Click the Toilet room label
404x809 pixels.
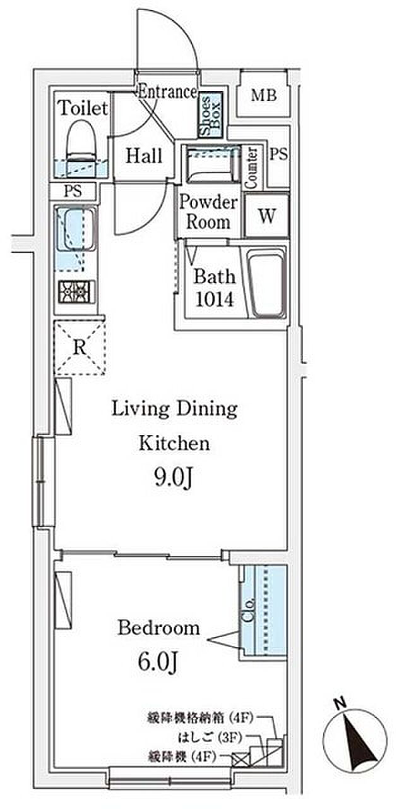83,108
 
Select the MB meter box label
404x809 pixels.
264,95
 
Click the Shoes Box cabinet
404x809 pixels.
211,115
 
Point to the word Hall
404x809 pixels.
143,156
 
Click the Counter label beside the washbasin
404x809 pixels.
251,167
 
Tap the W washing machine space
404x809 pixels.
266,216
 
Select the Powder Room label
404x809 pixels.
208,212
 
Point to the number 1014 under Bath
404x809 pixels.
214,300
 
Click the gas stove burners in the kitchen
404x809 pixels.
76,292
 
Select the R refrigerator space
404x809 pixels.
80,348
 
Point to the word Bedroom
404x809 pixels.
158,628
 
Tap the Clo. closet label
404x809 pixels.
248,610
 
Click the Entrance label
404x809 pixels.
168,92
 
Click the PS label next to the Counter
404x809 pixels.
279,154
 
